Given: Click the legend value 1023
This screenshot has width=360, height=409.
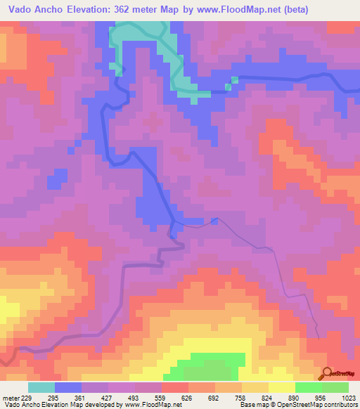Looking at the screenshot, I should point(349,397).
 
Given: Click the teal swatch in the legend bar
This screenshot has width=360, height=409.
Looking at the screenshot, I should point(41,387).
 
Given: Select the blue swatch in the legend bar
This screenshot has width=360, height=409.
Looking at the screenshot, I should point(68,387).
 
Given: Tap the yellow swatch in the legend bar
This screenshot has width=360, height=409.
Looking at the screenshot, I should point(282,387).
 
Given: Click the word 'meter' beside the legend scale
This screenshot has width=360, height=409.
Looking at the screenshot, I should point(9,397).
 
